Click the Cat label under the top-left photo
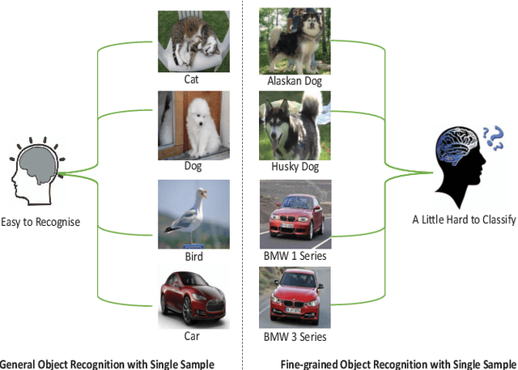click(x=193, y=80)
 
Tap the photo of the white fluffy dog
click(x=193, y=124)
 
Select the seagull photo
click(x=193, y=215)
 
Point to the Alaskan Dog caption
click(x=294, y=82)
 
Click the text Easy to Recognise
click(x=40, y=221)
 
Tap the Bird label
click(x=193, y=257)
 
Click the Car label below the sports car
click(x=192, y=335)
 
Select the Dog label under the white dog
click(x=193, y=166)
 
